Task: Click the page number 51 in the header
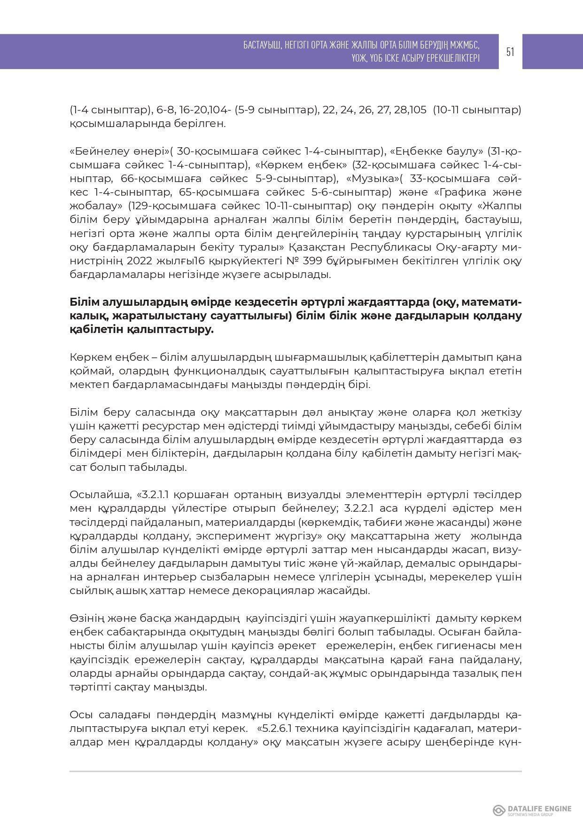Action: click(x=510, y=52)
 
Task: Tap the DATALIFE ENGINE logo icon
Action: click(x=498, y=810)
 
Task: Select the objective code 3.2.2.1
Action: click(x=360, y=508)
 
